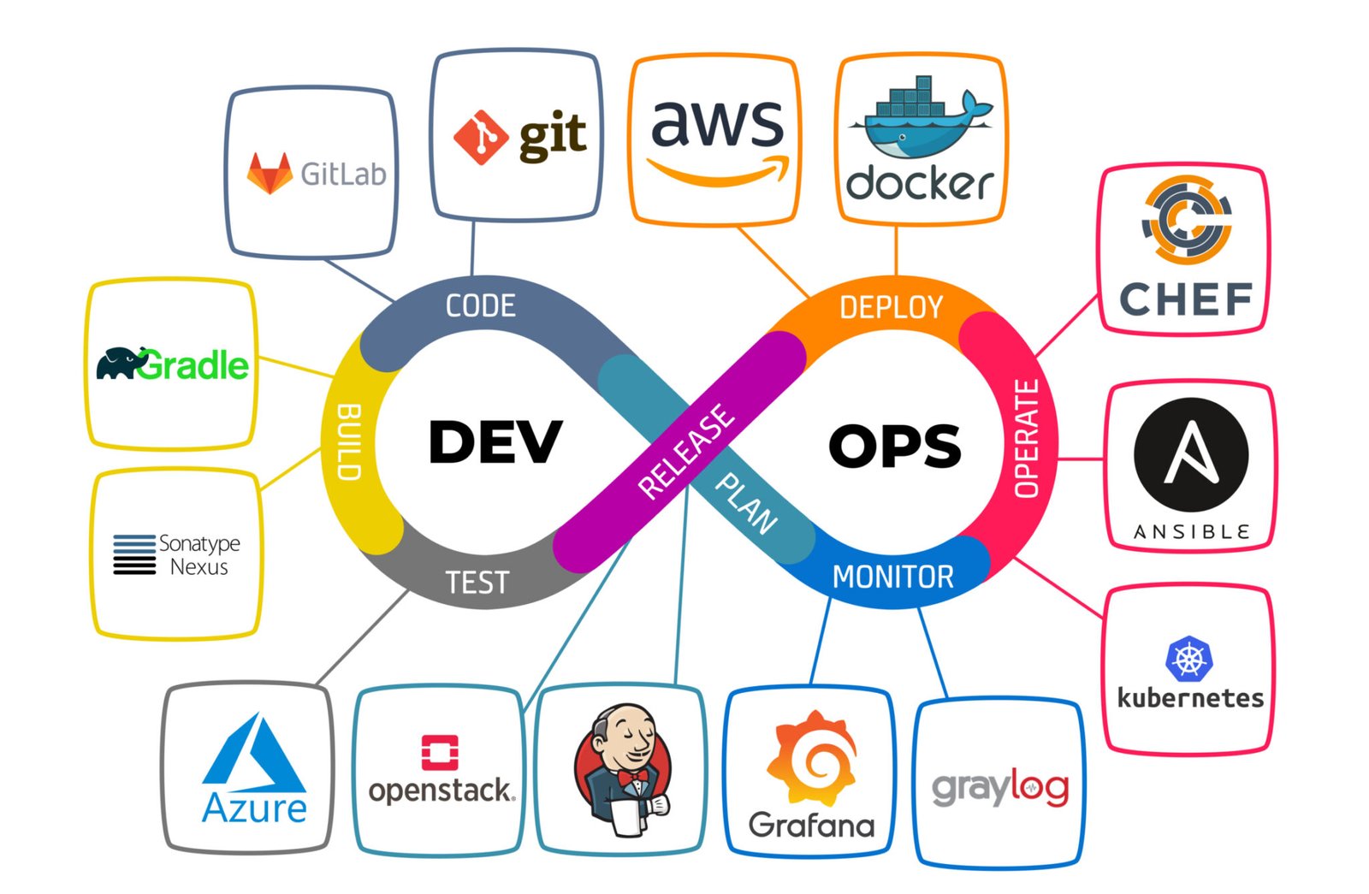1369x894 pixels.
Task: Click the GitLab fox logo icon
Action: (x=270, y=174)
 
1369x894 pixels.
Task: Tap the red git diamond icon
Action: (x=481, y=137)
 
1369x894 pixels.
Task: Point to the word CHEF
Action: (x=1185, y=299)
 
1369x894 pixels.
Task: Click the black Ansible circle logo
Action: (x=1190, y=454)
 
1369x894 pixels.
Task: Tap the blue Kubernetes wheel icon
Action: (x=1188, y=659)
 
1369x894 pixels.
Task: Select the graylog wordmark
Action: (x=999, y=787)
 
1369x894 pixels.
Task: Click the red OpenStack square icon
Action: (x=440, y=753)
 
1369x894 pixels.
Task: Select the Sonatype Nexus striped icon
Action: (x=134, y=554)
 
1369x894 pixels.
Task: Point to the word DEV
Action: (x=495, y=442)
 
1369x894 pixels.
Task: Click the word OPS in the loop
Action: (x=894, y=446)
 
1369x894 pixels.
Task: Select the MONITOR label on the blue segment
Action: (x=892, y=577)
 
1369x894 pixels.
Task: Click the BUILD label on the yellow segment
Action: (x=349, y=441)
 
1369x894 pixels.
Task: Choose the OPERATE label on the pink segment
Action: (x=1026, y=438)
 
